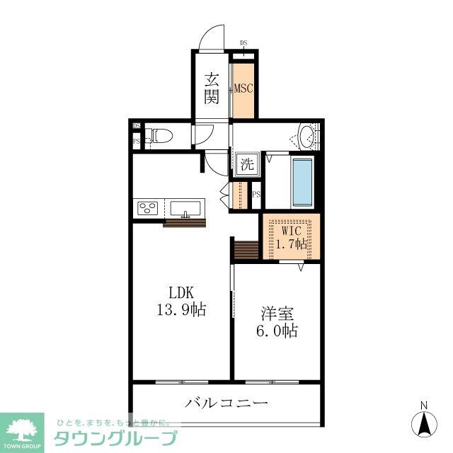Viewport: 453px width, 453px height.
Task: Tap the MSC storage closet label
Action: [x=244, y=88]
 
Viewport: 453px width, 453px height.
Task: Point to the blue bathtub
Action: [x=302, y=183]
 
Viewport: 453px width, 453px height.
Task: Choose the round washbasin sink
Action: [x=306, y=136]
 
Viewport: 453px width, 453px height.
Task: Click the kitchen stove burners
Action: [x=148, y=208]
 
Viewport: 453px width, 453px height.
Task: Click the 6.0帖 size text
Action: [x=277, y=331]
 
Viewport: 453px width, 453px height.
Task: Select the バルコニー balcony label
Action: [x=227, y=404]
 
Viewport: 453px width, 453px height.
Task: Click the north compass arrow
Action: [x=425, y=424]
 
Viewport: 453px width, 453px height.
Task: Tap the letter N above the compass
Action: [x=425, y=405]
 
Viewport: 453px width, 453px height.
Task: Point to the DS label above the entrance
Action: [x=243, y=42]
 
